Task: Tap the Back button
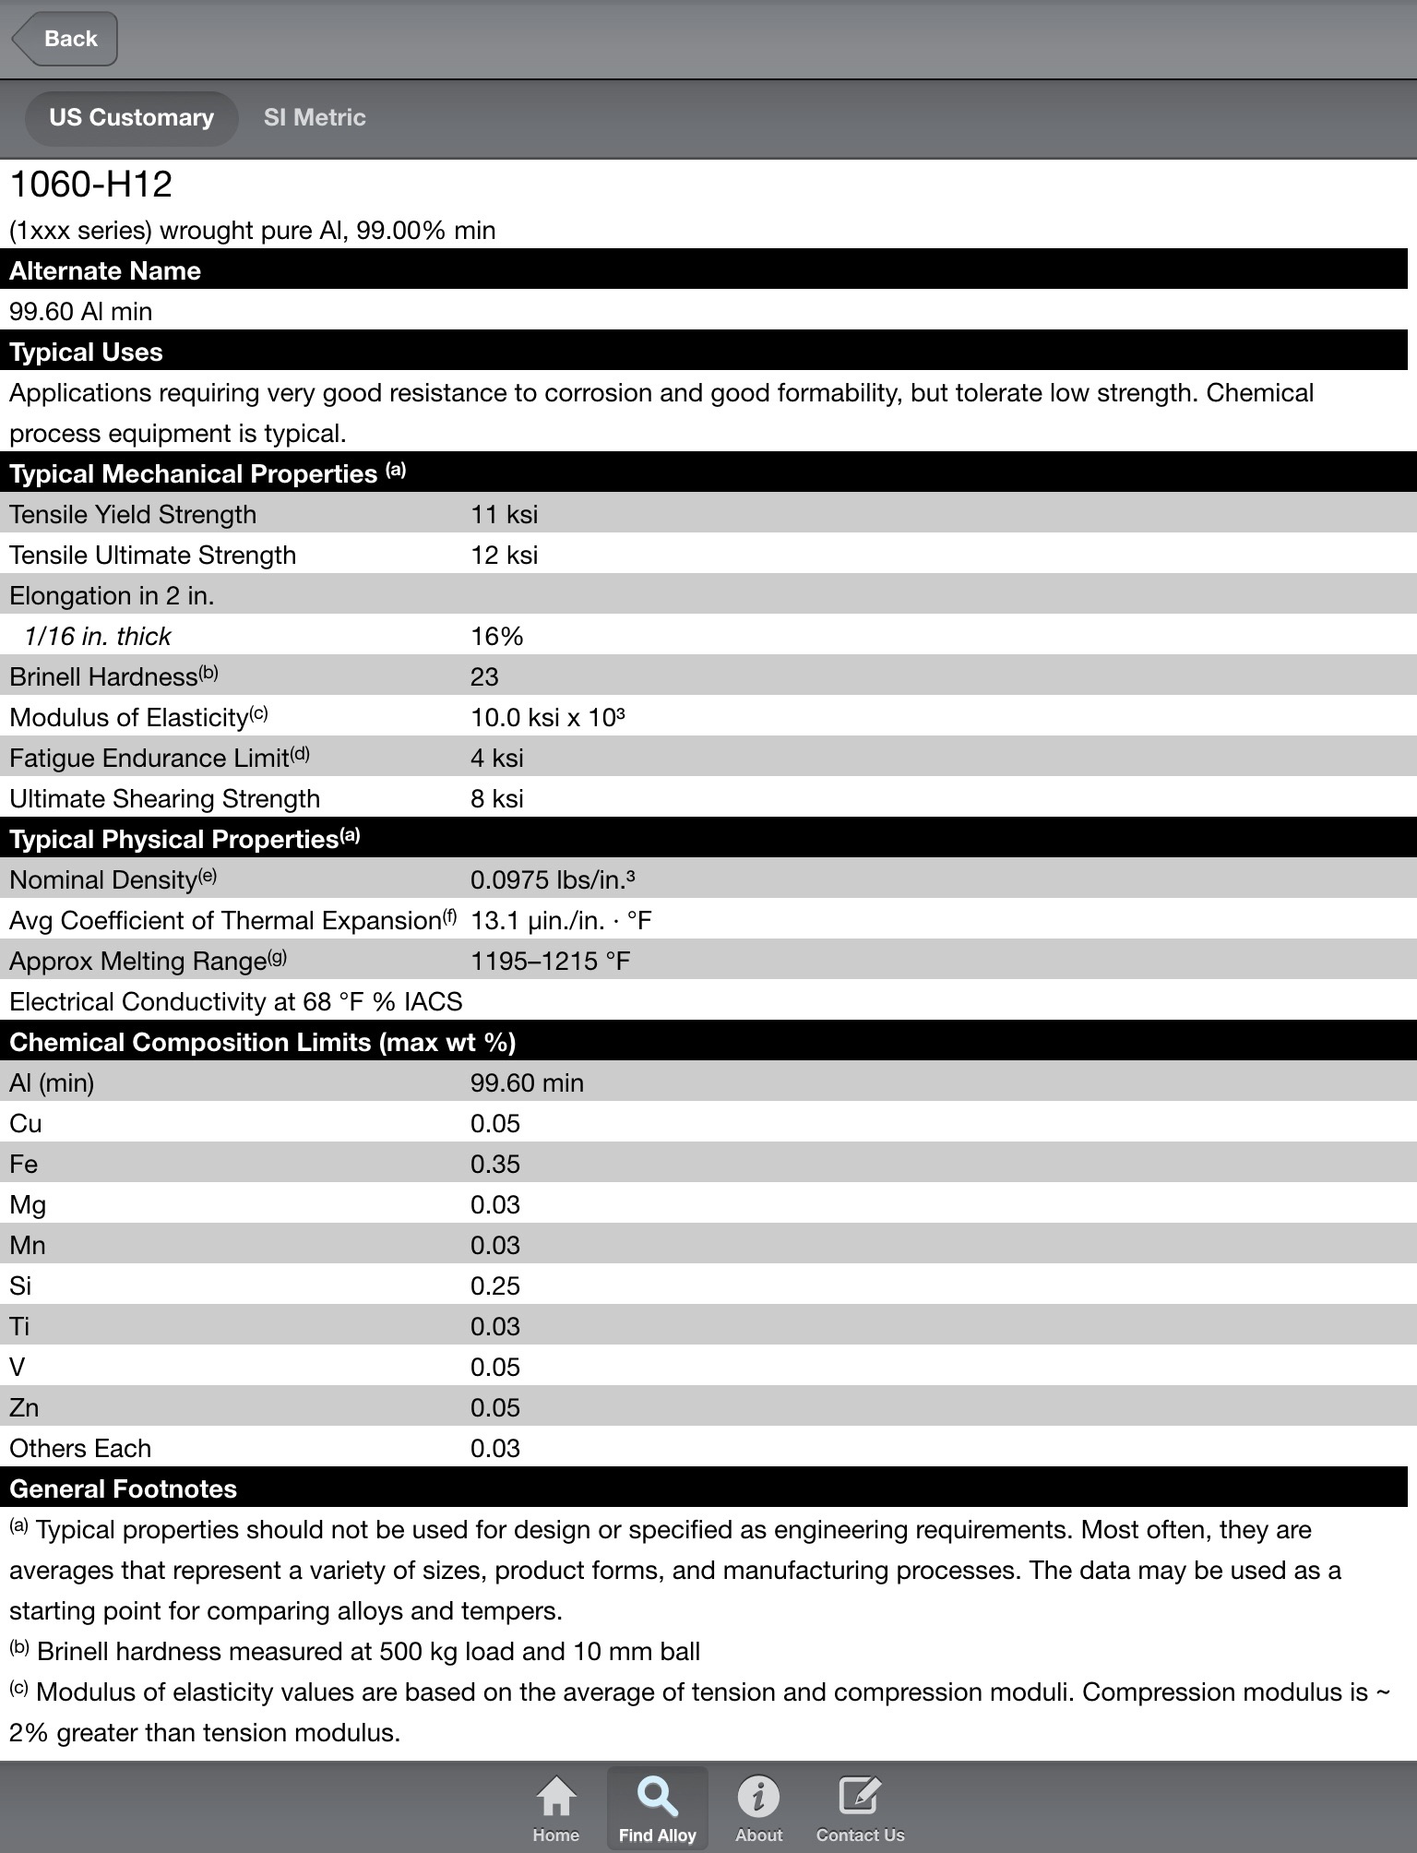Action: pos(65,39)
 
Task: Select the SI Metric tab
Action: pos(315,117)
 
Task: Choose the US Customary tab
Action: pos(131,117)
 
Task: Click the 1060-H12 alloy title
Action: pos(91,185)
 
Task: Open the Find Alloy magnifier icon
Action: pos(657,1797)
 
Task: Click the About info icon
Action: pos(758,1797)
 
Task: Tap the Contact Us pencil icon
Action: pos(860,1797)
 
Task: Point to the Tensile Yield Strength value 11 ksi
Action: pos(504,514)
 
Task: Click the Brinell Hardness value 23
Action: pos(484,676)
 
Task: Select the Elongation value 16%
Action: pos(496,636)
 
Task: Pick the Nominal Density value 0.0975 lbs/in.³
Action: pos(553,879)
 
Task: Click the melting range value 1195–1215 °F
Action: pos(550,961)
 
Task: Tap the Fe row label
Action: pos(24,1164)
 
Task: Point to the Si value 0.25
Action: pos(495,1285)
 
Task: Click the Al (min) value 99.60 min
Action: pos(527,1082)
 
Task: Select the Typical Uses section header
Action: pos(86,352)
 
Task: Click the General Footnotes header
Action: pos(123,1488)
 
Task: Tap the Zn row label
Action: pos(24,1407)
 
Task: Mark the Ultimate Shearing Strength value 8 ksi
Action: pos(496,798)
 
